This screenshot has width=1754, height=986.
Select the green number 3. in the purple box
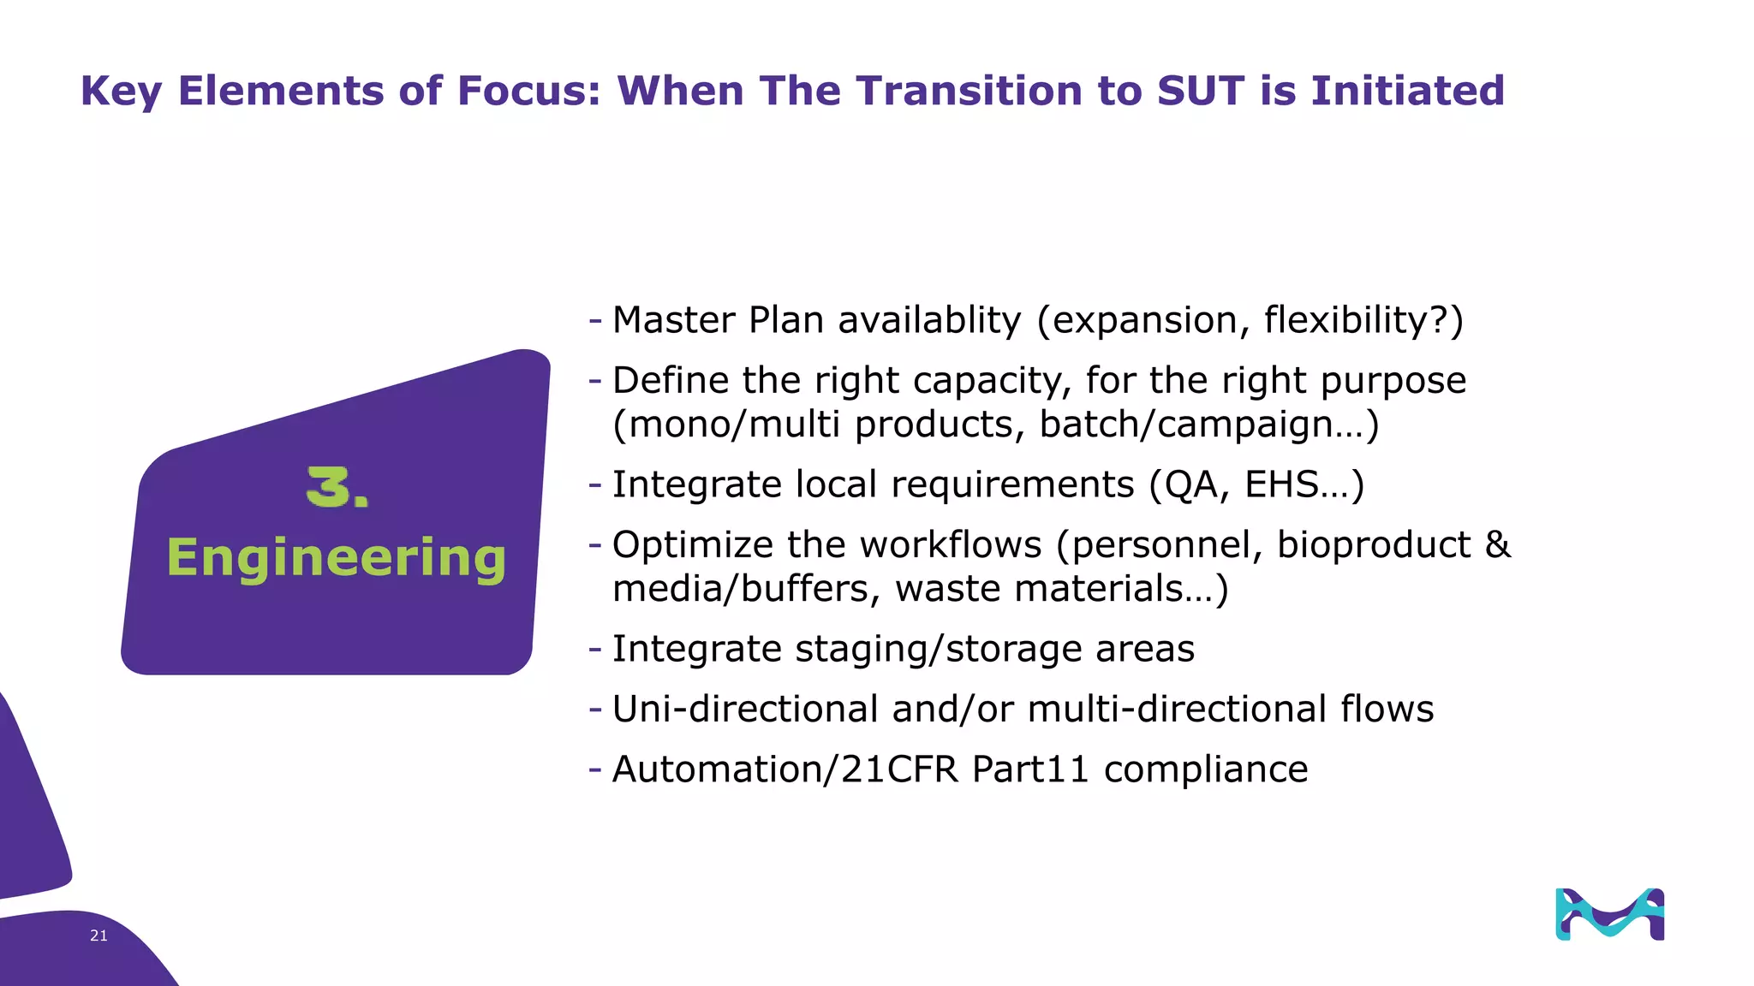(337, 488)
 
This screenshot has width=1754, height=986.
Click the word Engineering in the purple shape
(336, 558)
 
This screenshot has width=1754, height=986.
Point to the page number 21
(98, 936)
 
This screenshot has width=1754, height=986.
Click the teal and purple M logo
(1609, 914)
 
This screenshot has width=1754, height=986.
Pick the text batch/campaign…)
(1208, 425)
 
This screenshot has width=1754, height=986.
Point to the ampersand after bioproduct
(1498, 544)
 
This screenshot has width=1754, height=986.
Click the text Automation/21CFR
(785, 769)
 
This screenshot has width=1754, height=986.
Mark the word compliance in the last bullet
(1205, 769)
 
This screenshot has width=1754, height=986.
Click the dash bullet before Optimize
(595, 544)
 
